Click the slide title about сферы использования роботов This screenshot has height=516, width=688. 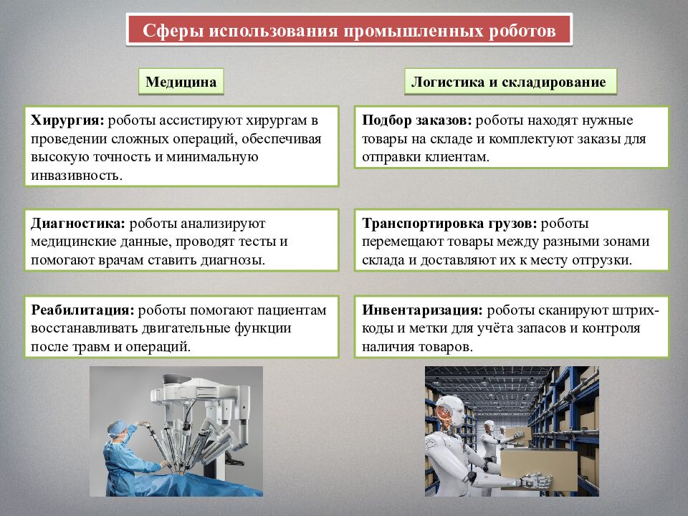[349, 31]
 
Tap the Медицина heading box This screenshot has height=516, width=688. [181, 82]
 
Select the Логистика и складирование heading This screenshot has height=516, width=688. [508, 82]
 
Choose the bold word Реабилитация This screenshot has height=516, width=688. [82, 310]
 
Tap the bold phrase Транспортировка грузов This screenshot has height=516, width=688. [449, 223]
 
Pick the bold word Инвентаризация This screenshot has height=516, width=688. [421, 310]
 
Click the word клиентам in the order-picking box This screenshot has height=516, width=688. [454, 156]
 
